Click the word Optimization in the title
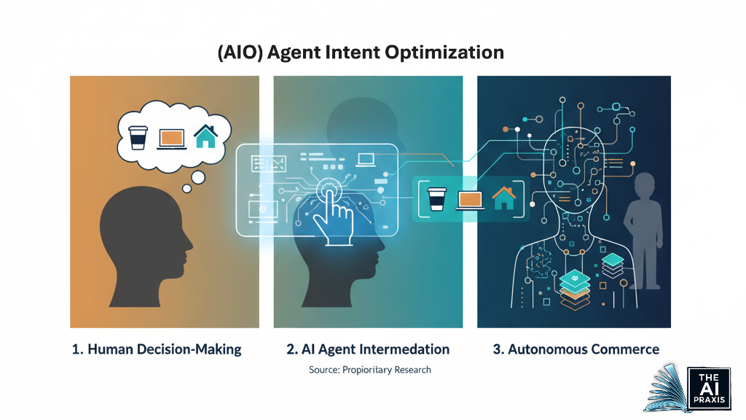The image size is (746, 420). click(448, 53)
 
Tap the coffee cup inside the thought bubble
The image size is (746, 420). click(137, 136)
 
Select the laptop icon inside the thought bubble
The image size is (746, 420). click(170, 137)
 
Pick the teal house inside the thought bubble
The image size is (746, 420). click(205, 136)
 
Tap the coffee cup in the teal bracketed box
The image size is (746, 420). click(436, 198)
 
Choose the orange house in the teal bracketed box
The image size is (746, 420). click(503, 197)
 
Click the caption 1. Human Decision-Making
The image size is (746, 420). click(157, 349)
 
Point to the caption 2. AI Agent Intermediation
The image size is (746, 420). click(368, 349)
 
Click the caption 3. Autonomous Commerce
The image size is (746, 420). click(576, 349)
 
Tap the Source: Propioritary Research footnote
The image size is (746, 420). click(370, 370)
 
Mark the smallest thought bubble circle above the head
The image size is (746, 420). click(187, 189)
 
